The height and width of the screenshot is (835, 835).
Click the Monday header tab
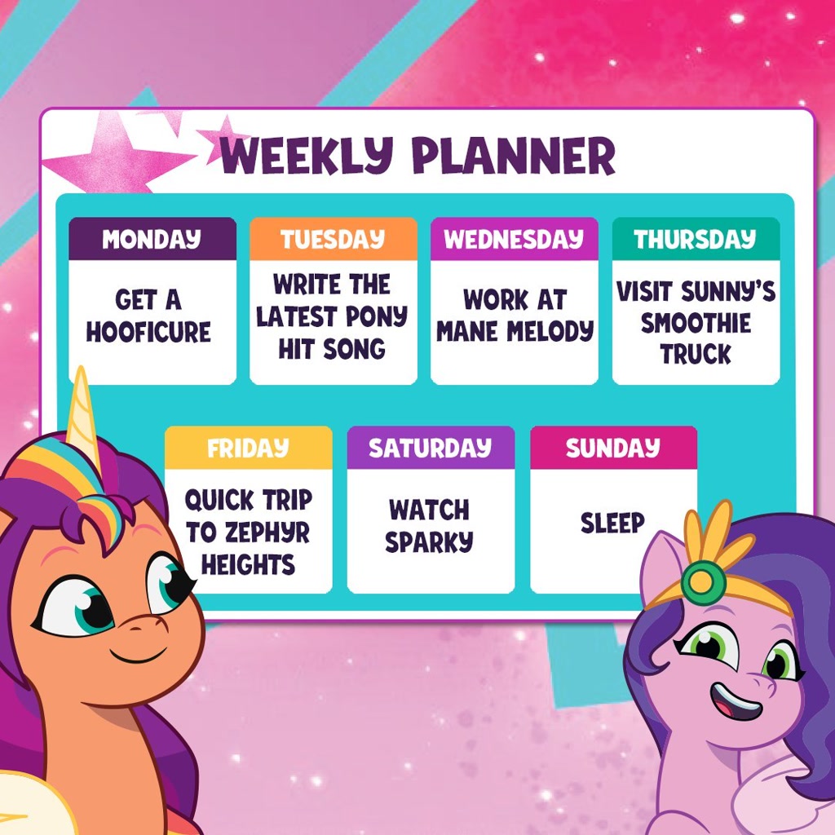[152, 239]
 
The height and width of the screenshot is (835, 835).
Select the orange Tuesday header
[333, 239]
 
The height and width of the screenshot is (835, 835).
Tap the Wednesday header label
[514, 239]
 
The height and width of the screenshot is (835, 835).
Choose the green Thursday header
[696, 239]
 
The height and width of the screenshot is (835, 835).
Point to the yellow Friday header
[248, 448]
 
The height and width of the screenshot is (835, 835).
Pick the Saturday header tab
[430, 448]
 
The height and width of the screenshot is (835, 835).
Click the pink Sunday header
[613, 448]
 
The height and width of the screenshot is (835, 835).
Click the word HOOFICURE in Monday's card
[148, 332]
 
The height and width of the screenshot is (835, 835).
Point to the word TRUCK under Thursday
[696, 354]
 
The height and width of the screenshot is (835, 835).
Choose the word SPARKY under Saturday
[430, 541]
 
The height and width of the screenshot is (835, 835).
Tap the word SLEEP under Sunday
[612, 523]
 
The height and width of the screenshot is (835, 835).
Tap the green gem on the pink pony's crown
[703, 581]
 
